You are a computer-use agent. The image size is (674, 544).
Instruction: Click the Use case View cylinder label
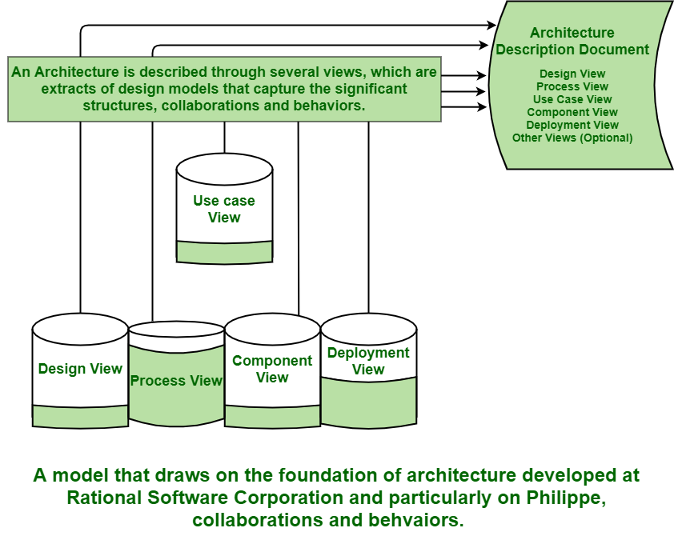click(224, 209)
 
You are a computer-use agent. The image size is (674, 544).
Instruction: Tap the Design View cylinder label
click(80, 369)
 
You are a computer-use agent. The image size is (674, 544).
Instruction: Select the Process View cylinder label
click(176, 381)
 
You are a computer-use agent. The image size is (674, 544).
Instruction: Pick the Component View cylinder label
click(272, 369)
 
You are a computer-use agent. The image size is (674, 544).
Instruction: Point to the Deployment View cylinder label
click(368, 361)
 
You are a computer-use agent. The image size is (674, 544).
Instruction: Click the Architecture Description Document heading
click(572, 41)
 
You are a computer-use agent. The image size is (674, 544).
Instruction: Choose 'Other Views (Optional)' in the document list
click(572, 138)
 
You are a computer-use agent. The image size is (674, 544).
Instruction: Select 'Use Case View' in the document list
click(572, 99)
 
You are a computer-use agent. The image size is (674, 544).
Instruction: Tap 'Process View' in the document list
click(572, 86)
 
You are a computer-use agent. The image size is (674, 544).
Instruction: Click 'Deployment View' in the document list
click(572, 125)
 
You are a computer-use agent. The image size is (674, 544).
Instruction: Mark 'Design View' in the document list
click(572, 74)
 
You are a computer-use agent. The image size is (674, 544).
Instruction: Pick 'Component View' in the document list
click(572, 112)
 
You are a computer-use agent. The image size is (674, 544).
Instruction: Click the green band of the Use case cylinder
click(224, 252)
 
